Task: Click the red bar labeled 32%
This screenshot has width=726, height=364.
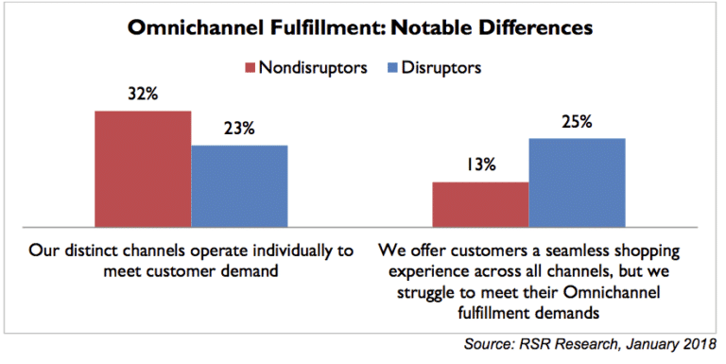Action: pos(143,169)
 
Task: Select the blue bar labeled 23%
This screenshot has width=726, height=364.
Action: pos(239,186)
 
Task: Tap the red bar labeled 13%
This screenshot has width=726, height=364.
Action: pos(480,204)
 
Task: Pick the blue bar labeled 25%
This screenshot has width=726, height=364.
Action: pos(577,182)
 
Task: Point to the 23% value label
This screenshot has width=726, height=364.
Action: pos(239,130)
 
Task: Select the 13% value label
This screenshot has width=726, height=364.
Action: pos(480,165)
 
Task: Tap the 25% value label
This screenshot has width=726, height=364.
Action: pos(577,122)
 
